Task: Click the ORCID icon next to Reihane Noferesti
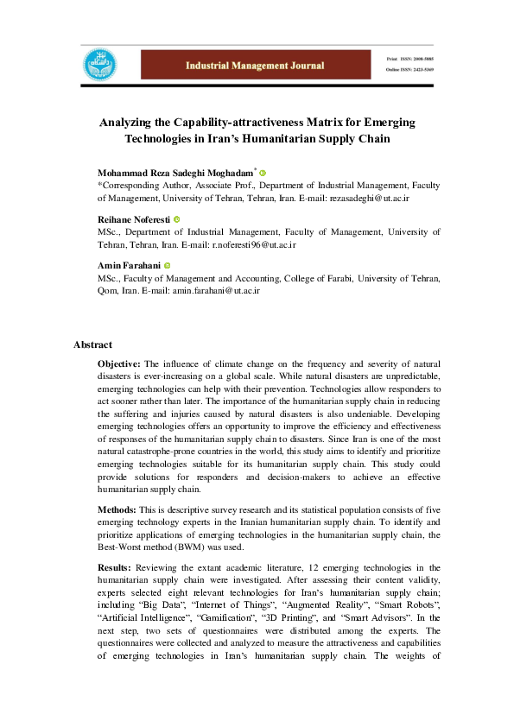[177, 220]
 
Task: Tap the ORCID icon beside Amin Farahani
[168, 266]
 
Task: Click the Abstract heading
[92, 345]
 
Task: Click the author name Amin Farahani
[129, 266]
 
